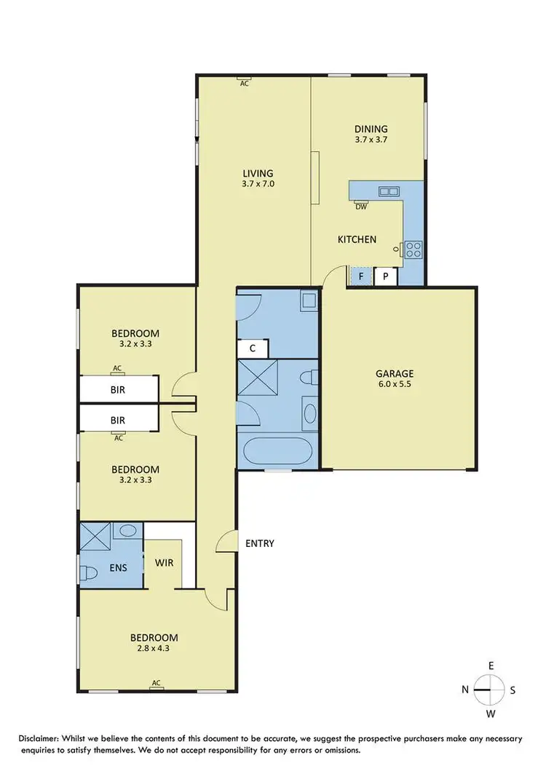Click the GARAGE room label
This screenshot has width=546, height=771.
pos(396,374)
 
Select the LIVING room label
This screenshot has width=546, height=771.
pos(258,173)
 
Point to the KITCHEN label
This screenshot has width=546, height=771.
pos(357,239)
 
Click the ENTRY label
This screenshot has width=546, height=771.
pos(259,543)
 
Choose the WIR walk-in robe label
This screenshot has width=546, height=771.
pos(163,562)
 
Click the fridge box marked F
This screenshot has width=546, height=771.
pos(360,276)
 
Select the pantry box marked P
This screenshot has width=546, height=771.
pos(385,276)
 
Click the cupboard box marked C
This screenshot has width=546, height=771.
pos(253,348)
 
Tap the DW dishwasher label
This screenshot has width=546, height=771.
pos(360,206)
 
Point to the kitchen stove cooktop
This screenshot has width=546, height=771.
pos(414,249)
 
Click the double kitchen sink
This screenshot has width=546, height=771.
pos(389,191)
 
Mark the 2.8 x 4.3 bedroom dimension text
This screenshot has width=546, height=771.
pos(157,650)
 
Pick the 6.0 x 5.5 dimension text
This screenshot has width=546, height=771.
pos(396,386)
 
